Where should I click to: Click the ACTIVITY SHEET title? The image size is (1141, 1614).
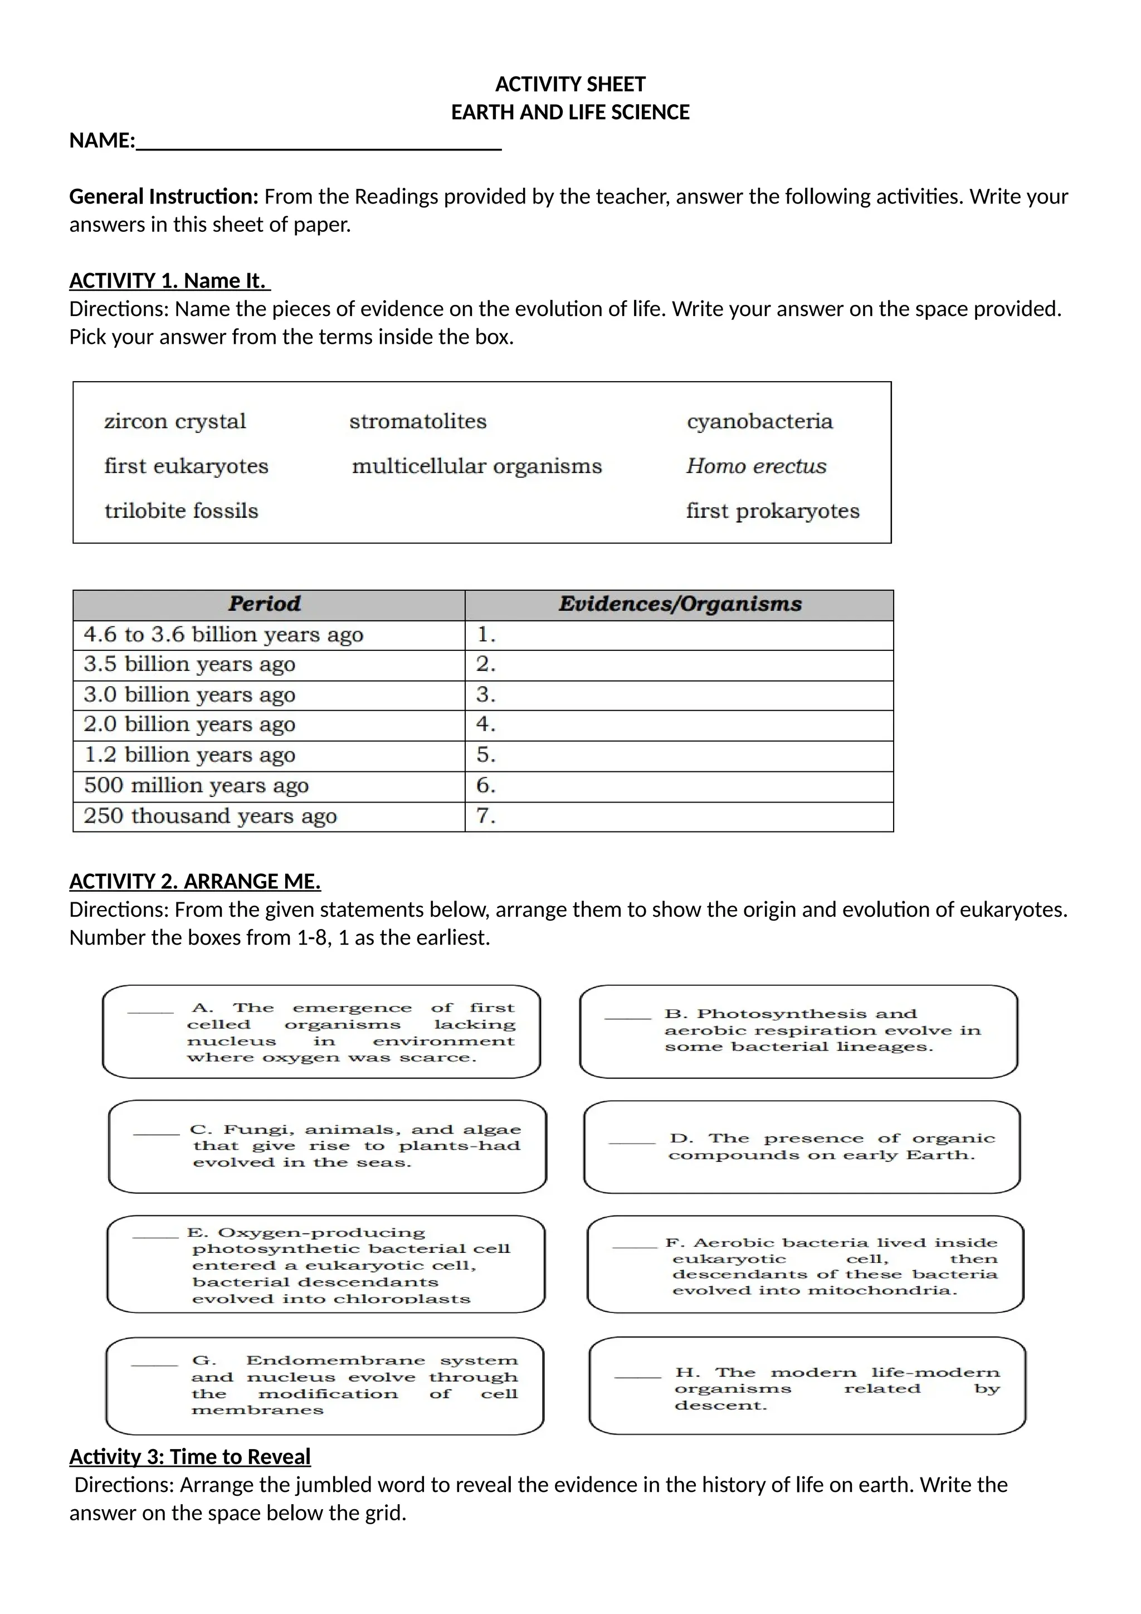(x=570, y=84)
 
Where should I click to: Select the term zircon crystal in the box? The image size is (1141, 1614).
(x=175, y=421)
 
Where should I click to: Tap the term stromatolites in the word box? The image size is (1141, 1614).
(x=417, y=421)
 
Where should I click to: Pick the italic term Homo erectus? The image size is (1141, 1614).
(x=756, y=466)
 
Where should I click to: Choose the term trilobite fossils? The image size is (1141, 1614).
(x=181, y=511)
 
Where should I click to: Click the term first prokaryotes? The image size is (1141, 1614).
(x=772, y=511)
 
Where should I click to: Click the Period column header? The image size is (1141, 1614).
(x=265, y=604)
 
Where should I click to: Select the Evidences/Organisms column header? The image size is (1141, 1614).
(x=679, y=604)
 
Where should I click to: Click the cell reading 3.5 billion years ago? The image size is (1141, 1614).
(x=189, y=664)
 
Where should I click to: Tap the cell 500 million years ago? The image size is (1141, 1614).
(x=196, y=785)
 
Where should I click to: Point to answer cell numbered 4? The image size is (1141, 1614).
(x=678, y=724)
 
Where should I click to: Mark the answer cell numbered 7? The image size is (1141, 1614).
(x=678, y=816)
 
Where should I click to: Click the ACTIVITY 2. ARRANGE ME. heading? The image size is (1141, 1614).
(x=194, y=882)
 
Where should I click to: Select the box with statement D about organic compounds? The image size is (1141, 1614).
(x=801, y=1146)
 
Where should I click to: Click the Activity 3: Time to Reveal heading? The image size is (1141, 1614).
(x=189, y=1456)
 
